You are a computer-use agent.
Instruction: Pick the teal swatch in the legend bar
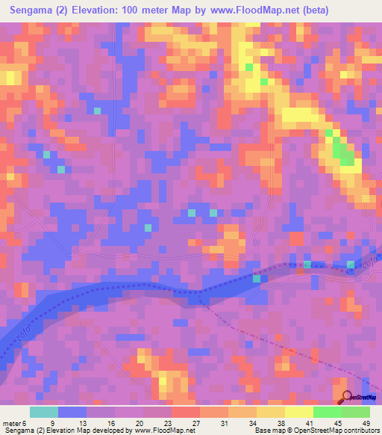point(44,412)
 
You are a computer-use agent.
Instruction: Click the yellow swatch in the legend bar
point(298,412)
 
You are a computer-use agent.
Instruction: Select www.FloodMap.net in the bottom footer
point(164,431)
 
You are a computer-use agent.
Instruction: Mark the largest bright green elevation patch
point(343,152)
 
